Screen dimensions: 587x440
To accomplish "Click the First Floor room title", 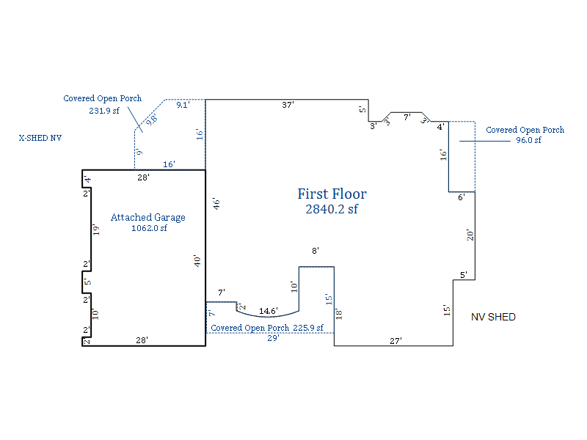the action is [332, 194].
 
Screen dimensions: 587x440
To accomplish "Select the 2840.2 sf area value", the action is [332, 209].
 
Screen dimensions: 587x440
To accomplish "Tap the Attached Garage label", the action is [148, 217].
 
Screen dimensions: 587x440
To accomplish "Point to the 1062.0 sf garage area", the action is [149, 228].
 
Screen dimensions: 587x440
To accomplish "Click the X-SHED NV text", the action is [40, 138].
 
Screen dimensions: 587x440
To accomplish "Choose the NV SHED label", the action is [493, 318].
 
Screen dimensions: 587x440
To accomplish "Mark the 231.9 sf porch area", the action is [104, 111].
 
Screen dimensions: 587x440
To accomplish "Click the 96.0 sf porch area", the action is [528, 140].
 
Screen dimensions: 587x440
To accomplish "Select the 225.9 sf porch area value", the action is [308, 328].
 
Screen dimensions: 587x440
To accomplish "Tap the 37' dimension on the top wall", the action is [288, 105].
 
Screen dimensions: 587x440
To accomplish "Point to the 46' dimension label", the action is [216, 204].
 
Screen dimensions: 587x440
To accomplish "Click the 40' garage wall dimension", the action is [197, 261].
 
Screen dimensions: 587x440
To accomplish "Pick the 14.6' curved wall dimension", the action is [269, 311].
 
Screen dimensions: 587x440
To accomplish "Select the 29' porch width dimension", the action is [273, 338].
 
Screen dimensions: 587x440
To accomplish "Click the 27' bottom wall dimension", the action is [395, 341].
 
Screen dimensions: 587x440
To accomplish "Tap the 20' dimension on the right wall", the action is [470, 235].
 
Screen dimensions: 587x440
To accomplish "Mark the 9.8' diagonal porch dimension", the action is [152, 120].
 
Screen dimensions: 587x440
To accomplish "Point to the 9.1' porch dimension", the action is [183, 105].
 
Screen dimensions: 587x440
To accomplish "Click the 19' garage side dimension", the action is [96, 230].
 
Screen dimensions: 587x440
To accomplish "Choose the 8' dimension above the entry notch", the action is [316, 251].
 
